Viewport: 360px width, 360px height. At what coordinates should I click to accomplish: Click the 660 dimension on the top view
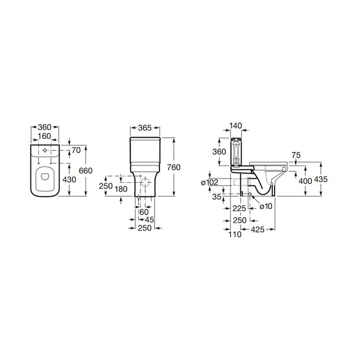click(86, 171)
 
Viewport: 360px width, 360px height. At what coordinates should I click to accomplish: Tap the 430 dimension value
click(69, 180)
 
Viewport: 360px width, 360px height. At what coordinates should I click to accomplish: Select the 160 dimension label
click(44, 136)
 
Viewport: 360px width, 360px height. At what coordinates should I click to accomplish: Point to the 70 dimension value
click(76, 150)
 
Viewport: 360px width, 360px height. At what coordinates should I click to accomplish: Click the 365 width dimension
click(145, 128)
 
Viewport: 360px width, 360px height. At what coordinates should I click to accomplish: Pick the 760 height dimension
click(174, 167)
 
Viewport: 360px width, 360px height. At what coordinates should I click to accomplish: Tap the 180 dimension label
click(121, 189)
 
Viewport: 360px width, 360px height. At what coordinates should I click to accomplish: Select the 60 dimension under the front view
click(144, 212)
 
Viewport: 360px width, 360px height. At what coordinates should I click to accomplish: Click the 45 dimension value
click(149, 220)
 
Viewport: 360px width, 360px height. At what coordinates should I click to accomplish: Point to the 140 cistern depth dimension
click(236, 126)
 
